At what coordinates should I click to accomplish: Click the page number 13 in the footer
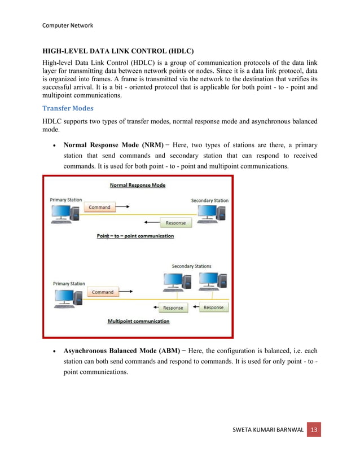click(x=314, y=430)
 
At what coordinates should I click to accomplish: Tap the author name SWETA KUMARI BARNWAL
click(x=269, y=431)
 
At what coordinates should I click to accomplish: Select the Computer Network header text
click(x=68, y=25)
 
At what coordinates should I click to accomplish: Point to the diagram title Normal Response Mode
click(x=137, y=185)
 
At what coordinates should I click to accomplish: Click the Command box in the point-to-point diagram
click(x=99, y=207)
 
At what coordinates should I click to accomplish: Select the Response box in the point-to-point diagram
click(x=175, y=222)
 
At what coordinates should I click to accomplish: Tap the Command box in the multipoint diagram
click(x=102, y=292)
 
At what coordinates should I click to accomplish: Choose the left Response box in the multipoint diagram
click(x=173, y=307)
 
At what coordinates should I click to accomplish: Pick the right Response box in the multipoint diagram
click(x=213, y=307)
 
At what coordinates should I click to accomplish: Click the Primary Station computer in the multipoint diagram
click(x=66, y=297)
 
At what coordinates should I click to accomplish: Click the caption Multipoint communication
click(x=138, y=322)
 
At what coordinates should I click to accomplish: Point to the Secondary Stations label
click(x=192, y=266)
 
